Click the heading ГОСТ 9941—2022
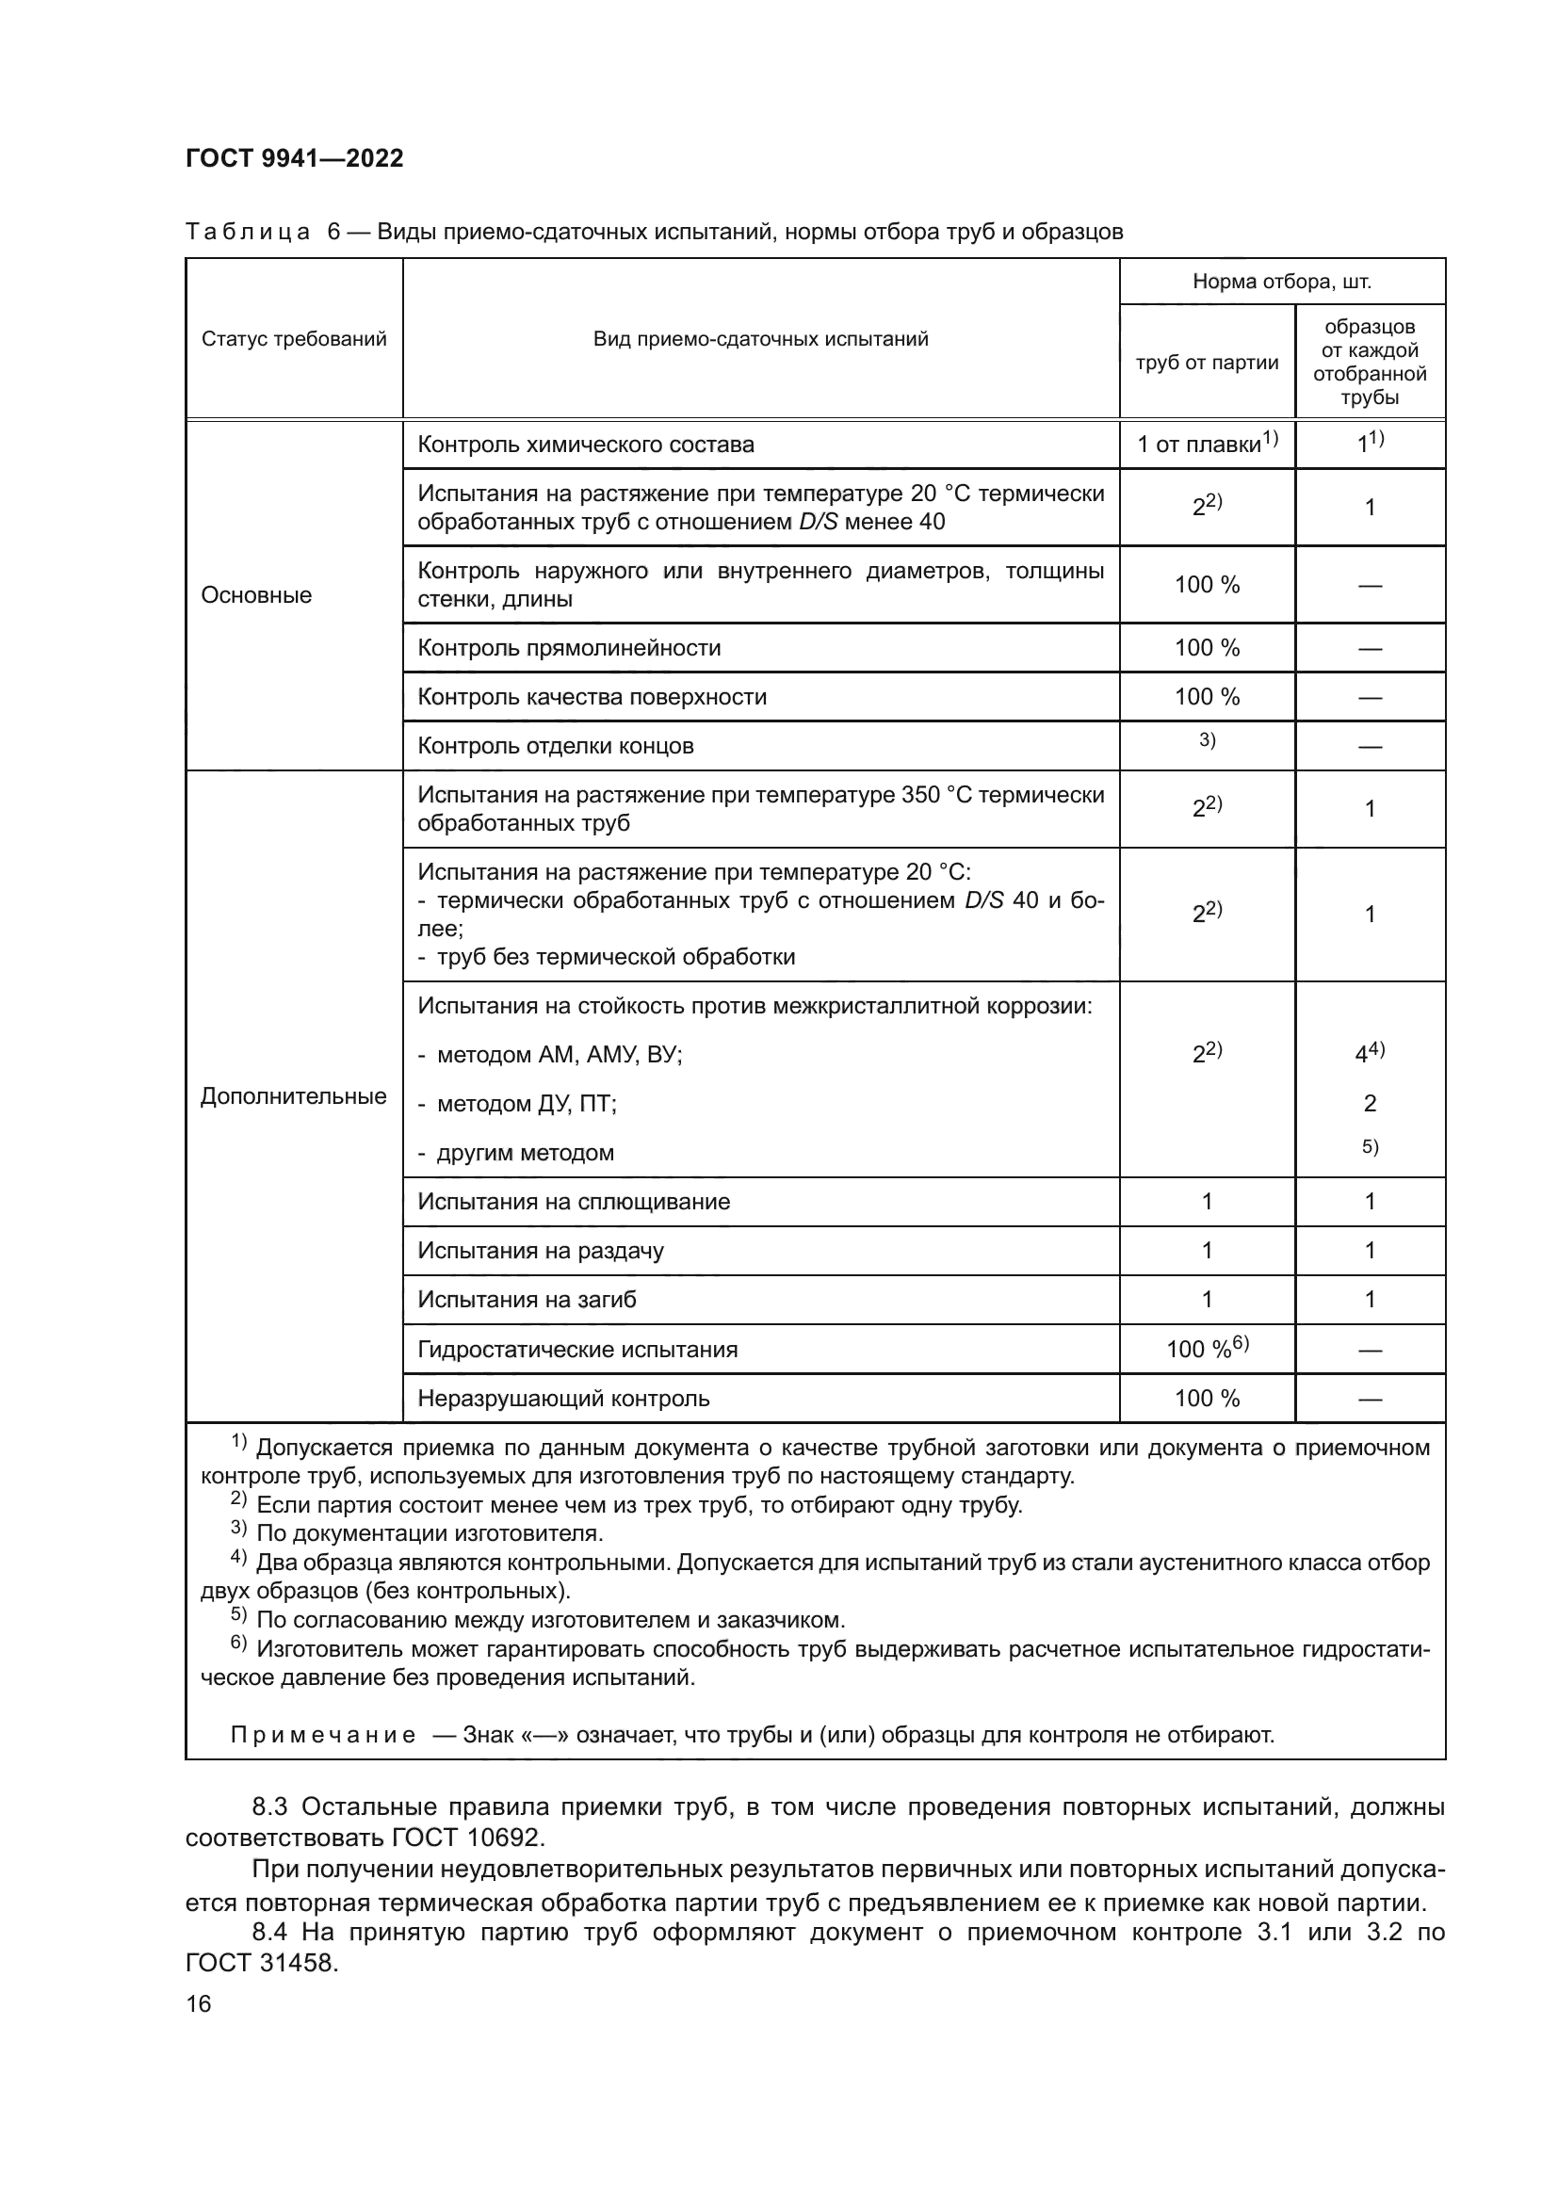(294, 158)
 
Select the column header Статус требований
(294, 339)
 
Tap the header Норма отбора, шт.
(1282, 281)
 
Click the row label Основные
(256, 595)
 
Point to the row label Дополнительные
(294, 1095)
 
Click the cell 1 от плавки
(1206, 445)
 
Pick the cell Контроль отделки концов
(556, 746)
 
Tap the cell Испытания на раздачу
(540, 1250)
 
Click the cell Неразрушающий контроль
(563, 1398)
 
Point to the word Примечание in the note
(322, 1734)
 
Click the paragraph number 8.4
(271, 1932)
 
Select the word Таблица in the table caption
(248, 233)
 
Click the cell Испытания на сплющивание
(573, 1201)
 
